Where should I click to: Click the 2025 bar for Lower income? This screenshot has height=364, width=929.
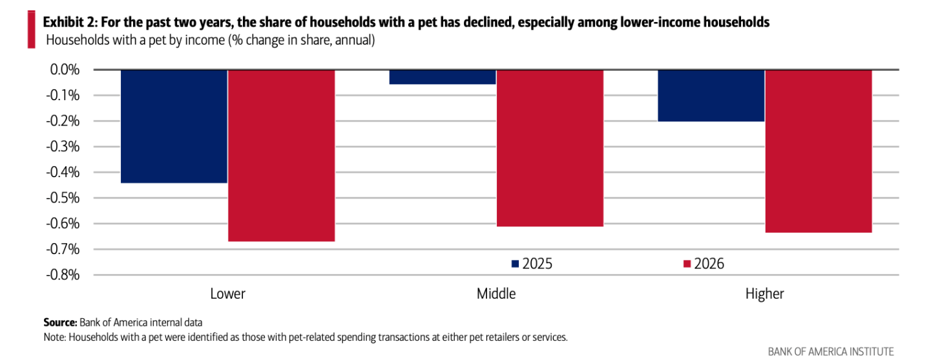(x=174, y=126)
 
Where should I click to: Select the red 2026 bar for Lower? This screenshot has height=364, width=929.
(x=282, y=156)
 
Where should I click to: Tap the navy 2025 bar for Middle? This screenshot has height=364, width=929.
(x=443, y=77)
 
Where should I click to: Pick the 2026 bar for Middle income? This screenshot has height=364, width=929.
(x=550, y=148)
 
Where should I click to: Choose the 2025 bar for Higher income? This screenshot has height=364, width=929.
(x=711, y=96)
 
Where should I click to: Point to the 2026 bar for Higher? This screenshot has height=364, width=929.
(x=819, y=151)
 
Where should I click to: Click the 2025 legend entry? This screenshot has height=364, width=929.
(x=532, y=264)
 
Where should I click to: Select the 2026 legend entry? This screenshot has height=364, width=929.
(x=704, y=264)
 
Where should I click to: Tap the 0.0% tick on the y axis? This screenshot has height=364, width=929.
(x=65, y=70)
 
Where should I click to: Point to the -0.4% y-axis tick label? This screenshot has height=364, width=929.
(x=63, y=172)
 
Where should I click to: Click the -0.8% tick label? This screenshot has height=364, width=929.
(x=63, y=275)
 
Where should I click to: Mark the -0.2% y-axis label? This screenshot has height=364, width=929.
(x=63, y=121)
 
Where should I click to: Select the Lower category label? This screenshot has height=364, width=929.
(x=227, y=294)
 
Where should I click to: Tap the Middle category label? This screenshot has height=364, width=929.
(x=496, y=294)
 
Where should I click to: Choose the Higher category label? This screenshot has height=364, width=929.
(x=765, y=294)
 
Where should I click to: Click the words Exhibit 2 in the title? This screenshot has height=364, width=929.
(x=70, y=22)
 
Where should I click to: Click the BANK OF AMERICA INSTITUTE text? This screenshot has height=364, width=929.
(x=831, y=352)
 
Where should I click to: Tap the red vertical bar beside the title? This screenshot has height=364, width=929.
(x=32, y=30)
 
